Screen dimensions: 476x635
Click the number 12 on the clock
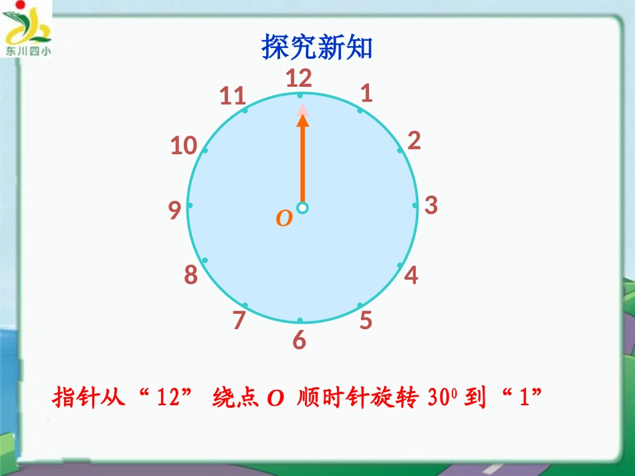[x=299, y=79]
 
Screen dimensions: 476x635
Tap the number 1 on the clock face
[x=366, y=93]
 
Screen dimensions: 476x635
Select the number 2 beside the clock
[x=414, y=141]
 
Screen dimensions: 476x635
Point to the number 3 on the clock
[x=431, y=205]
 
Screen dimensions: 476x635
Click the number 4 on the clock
[x=411, y=274]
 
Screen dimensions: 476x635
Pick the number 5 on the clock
[x=366, y=320]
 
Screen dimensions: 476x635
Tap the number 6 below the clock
[x=299, y=340]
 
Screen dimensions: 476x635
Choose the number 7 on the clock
[x=239, y=320]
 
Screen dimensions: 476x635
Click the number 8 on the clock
[x=191, y=275]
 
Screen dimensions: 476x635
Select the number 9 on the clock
[x=174, y=211]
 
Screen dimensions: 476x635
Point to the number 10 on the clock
[x=183, y=146]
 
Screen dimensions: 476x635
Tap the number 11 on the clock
[x=233, y=97]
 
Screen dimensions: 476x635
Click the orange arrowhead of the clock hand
[x=303, y=120]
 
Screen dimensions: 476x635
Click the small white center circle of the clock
[x=302, y=208]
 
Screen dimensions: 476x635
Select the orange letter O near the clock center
[x=284, y=218]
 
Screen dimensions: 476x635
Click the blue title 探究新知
[x=316, y=47]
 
